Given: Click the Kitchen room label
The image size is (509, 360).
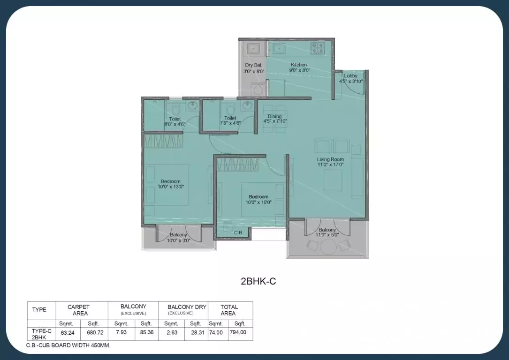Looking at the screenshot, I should [x=299, y=65].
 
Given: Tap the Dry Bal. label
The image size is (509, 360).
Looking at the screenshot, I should [x=253, y=65].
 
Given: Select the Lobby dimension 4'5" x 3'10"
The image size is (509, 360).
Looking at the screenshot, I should [x=350, y=82].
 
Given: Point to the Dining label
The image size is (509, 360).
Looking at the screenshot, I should [x=274, y=116].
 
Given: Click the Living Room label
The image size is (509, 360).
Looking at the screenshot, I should [x=330, y=159].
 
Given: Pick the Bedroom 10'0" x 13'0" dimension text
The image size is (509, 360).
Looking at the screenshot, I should [x=171, y=187].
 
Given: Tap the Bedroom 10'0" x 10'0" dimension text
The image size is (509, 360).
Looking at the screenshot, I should [x=258, y=202].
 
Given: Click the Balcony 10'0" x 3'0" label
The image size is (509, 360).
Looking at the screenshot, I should [x=178, y=240].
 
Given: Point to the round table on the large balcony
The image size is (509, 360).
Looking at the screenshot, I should [x=327, y=246].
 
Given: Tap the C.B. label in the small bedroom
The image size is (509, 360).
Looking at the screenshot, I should [x=238, y=232].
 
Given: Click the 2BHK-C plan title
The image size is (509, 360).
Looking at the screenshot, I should [x=255, y=281].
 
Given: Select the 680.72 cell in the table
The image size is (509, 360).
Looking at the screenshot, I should [x=94, y=332].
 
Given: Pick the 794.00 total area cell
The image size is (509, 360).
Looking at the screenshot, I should [x=240, y=332].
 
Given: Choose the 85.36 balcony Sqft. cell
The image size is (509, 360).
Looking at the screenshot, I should [x=146, y=332].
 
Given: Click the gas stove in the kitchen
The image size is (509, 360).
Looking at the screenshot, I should [x=317, y=48].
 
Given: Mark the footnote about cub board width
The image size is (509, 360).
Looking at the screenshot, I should [x=68, y=345].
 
